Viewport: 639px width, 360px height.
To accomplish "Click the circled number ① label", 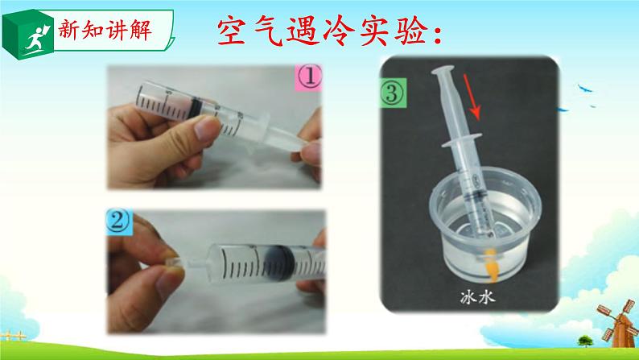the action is pos(308,77).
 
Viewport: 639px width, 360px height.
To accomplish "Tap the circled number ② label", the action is pos(118,221).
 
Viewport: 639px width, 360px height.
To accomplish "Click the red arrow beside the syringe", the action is pos(472,97).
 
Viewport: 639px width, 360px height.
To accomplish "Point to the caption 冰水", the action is pos(477,297).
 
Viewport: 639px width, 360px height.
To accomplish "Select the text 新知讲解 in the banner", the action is pos(105,30).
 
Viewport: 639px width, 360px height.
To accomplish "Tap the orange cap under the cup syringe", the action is pos(491,265).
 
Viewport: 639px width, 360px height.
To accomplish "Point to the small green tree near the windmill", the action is pos(585,341).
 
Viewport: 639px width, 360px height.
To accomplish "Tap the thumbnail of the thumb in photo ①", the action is pos(208,127).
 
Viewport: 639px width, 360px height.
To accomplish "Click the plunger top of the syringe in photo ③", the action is pos(443,70).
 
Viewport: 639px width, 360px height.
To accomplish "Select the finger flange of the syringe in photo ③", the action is pos(462,139).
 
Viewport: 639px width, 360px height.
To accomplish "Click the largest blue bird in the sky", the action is pos(585,88).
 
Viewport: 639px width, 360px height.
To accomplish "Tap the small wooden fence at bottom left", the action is pos(13,336).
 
